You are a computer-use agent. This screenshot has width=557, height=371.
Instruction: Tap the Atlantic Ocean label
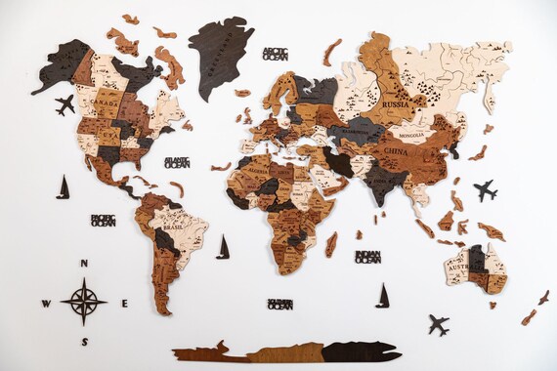tap(177, 162)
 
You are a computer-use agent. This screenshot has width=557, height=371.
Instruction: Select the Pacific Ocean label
tap(103, 221)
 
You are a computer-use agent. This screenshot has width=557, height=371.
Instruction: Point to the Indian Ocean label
tap(367, 257)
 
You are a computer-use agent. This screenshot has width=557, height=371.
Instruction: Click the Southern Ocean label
tap(279, 305)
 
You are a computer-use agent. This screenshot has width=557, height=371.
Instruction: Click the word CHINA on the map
tap(396, 152)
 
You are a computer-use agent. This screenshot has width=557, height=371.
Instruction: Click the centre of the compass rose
tap(84, 302)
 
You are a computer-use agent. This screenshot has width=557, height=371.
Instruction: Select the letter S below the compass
tap(84, 341)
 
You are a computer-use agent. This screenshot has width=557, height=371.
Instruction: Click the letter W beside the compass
tap(46, 304)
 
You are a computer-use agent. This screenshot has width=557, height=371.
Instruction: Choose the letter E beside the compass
tap(124, 303)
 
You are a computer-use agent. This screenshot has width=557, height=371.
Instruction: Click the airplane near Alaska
tap(64, 104)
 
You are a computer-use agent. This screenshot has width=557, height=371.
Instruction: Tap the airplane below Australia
tap(438, 324)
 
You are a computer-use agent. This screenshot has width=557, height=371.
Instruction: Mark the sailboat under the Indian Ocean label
tap(383, 295)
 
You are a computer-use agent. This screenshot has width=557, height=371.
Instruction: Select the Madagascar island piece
tap(332, 243)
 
